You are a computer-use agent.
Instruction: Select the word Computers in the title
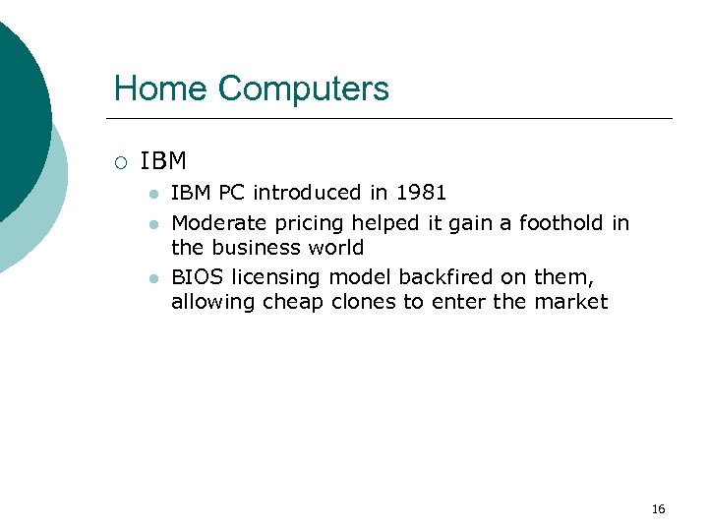pyautogui.click(x=304, y=89)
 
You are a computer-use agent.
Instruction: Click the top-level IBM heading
pyautogui.click(x=163, y=160)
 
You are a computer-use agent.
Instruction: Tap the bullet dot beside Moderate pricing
pyautogui.click(x=152, y=224)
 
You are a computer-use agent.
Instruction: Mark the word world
pyautogui.click(x=335, y=247)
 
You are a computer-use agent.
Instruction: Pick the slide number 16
pyautogui.click(x=658, y=508)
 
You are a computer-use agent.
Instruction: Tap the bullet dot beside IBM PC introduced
pyautogui.click(x=152, y=195)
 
